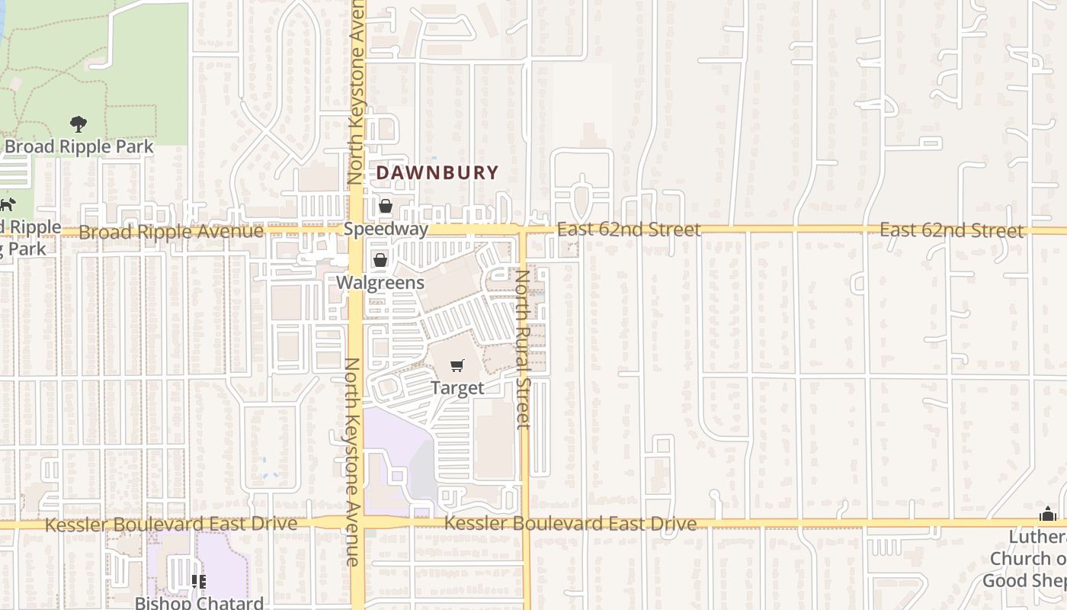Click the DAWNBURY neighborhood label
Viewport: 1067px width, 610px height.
pyautogui.click(x=437, y=173)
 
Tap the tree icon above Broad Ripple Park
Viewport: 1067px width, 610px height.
pyautogui.click(x=78, y=124)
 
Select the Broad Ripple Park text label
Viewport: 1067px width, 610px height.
pyautogui.click(x=79, y=146)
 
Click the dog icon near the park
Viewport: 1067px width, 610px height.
pyautogui.click(x=8, y=204)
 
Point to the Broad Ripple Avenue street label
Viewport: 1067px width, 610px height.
pyautogui.click(x=171, y=231)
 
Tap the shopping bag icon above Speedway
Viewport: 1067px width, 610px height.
pyautogui.click(x=386, y=207)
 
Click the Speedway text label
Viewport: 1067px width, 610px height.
pyautogui.click(x=386, y=229)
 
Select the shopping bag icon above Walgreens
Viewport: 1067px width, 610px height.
pyautogui.click(x=380, y=261)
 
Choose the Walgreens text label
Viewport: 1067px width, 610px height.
pyautogui.click(x=380, y=282)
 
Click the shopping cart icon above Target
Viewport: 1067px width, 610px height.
pyautogui.click(x=457, y=366)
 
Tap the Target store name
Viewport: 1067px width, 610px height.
pyautogui.click(x=457, y=387)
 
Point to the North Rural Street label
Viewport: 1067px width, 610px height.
pyautogui.click(x=523, y=348)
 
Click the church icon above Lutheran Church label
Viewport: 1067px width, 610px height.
pyautogui.click(x=1048, y=515)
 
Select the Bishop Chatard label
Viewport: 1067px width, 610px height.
pyautogui.click(x=199, y=602)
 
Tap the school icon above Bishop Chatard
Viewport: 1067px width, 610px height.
pyautogui.click(x=198, y=582)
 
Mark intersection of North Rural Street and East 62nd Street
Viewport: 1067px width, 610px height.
pyautogui.click(x=524, y=230)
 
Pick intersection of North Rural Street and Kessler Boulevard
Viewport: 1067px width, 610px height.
pyautogui.click(x=524, y=523)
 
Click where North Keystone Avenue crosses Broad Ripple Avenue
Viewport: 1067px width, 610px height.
pyautogui.click(x=357, y=230)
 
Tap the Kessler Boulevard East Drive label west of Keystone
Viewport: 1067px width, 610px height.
pyautogui.click(x=171, y=525)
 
